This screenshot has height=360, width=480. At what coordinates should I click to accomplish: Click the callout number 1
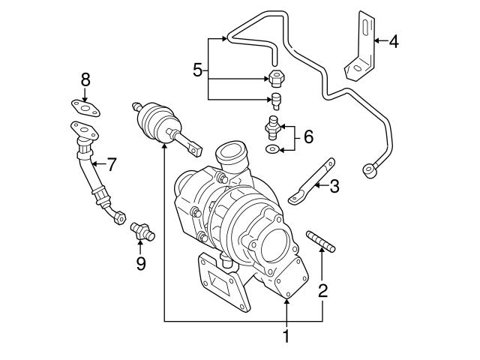click(286, 337)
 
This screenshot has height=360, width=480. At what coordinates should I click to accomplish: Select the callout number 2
click(323, 289)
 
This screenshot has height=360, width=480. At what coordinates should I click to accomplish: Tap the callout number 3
click(334, 186)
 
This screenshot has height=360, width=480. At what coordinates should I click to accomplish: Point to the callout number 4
click(394, 40)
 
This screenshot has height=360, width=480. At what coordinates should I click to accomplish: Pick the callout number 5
click(197, 70)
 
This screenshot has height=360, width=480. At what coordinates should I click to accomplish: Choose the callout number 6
click(307, 136)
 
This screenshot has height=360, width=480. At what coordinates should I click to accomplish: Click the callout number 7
click(112, 163)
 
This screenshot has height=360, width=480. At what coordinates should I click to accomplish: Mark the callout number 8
click(85, 79)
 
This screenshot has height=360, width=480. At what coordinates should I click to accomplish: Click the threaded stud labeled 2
click(321, 243)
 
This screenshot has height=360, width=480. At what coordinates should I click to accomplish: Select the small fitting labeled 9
click(140, 231)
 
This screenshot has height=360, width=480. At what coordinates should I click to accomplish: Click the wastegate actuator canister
click(157, 121)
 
